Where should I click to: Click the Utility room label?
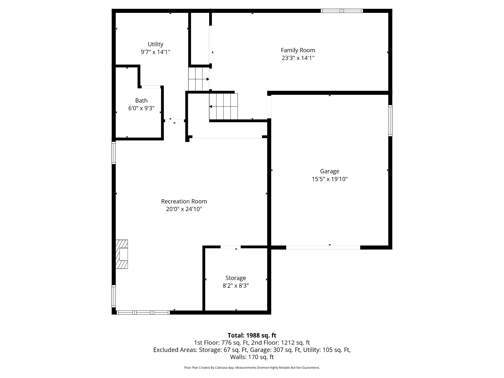click(155, 44)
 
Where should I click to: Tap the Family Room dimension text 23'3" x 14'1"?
click(298, 58)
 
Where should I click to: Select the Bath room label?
click(141, 101)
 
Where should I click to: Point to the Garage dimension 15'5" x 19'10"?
click(330, 179)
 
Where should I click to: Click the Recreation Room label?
click(184, 201)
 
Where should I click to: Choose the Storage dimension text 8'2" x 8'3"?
click(236, 286)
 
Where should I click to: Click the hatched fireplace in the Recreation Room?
click(122, 254)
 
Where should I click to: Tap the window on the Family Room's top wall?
click(342, 11)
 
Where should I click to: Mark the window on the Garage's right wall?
click(390, 121)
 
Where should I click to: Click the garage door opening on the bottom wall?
click(323, 247)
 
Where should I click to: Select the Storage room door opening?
click(230, 247)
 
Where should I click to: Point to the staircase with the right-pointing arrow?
click(199, 79)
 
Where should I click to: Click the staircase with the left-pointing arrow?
click(223, 106)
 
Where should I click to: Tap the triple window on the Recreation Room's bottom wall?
click(143, 312)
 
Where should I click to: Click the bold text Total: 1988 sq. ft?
click(252, 335)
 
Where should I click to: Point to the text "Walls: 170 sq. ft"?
click(252, 357)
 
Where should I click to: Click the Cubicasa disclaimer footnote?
click(252, 368)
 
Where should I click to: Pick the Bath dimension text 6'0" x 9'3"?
click(141, 108)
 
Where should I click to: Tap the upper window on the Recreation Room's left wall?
click(114, 153)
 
